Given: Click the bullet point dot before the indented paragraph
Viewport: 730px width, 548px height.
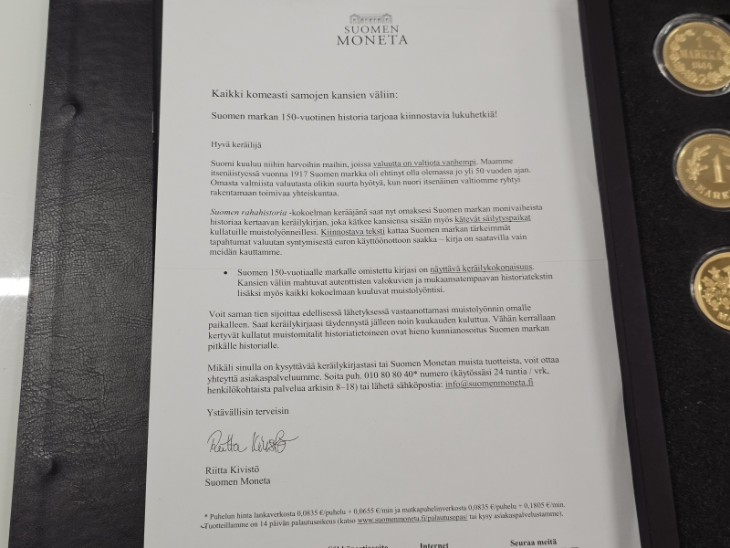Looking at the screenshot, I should click(224, 271).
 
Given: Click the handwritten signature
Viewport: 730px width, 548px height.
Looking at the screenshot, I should click(245, 445).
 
